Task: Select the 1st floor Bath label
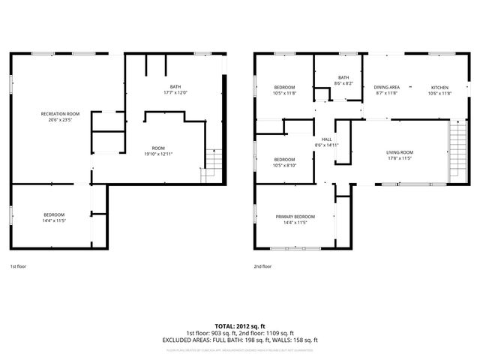coord(175,87)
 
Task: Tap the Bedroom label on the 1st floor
coord(54,215)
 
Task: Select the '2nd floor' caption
coord(262,266)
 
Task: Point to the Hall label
coord(327,139)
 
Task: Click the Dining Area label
coord(386,87)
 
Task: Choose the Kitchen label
coord(439,87)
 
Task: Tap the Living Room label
coord(400,152)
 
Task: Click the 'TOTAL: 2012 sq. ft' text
coord(240,327)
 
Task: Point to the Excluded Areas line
coord(240,339)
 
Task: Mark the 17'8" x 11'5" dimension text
coord(400,158)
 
